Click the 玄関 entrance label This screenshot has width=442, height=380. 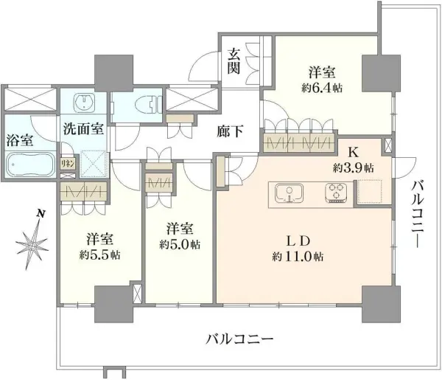[x=234, y=61]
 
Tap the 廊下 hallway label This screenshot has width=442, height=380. [x=230, y=131]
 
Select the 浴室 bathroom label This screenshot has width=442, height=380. [x=19, y=140]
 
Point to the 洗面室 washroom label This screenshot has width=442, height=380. [x=83, y=129]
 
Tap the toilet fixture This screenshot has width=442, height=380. [x=147, y=104]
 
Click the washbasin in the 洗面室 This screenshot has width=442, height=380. [x=83, y=103]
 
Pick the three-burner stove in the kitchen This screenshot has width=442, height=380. [x=336, y=193]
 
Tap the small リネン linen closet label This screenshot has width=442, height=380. [x=68, y=164]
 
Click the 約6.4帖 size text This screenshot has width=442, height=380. [x=322, y=89]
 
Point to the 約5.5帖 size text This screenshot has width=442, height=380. [x=100, y=255]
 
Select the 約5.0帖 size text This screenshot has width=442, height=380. [x=180, y=244]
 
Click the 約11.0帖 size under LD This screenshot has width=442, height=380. [x=298, y=257]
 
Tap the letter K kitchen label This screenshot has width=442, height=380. [x=353, y=153]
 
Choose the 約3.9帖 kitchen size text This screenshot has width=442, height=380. [x=353, y=168]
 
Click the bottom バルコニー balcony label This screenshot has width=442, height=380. [x=239, y=338]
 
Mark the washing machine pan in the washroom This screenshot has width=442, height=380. [x=94, y=164]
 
